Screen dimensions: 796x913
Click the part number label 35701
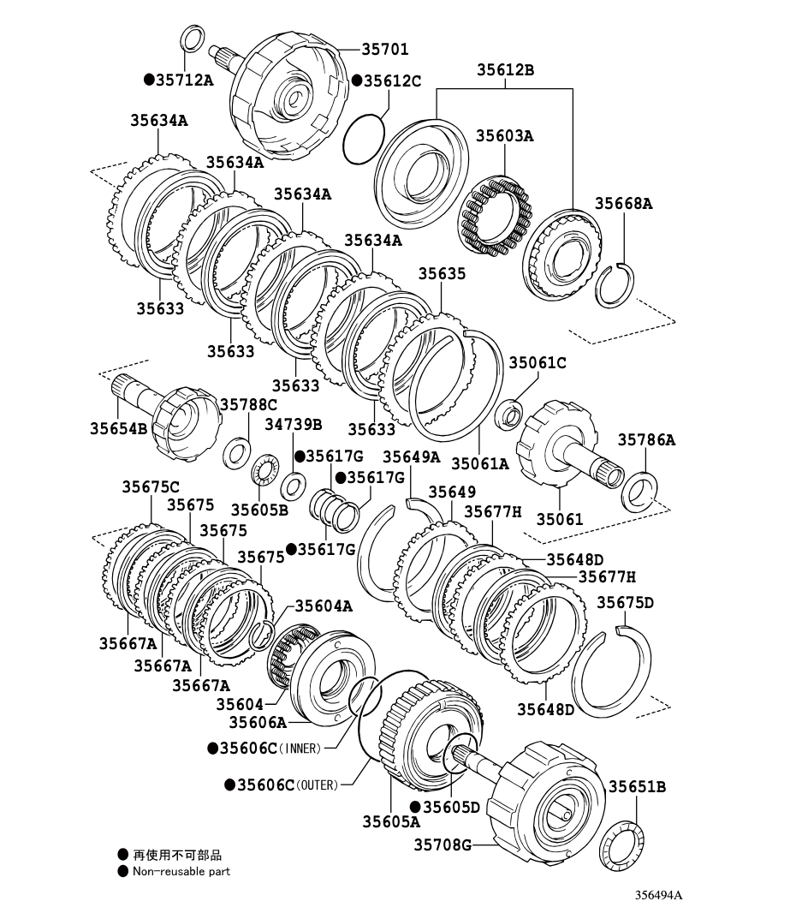(x=384, y=49)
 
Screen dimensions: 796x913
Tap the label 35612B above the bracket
(x=505, y=70)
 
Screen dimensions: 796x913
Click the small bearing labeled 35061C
(x=509, y=413)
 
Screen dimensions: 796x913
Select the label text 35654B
(x=118, y=428)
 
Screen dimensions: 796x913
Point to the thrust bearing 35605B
(x=265, y=468)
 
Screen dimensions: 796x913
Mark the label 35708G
(x=443, y=844)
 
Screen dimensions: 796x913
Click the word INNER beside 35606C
(x=300, y=749)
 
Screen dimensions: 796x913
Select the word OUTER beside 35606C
(x=318, y=785)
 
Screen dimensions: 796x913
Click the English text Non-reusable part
(x=181, y=872)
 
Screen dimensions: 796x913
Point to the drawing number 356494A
(x=658, y=895)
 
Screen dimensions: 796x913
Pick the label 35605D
(x=451, y=807)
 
